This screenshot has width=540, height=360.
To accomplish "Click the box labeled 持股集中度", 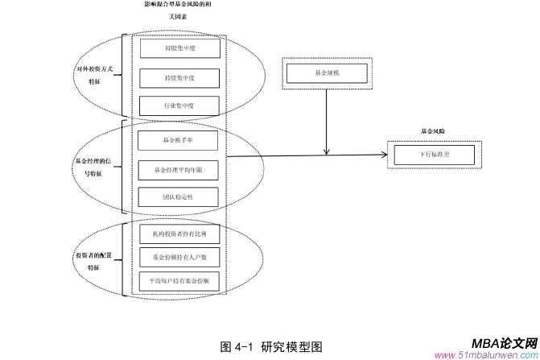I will [179, 48].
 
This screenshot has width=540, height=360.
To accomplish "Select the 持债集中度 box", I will [179, 78].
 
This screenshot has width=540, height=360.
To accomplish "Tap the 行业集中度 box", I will [179, 106].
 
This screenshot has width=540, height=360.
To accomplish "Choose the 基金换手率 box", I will [179, 139].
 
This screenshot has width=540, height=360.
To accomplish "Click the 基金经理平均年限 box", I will [179, 169].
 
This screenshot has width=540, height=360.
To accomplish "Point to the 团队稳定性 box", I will [179, 197].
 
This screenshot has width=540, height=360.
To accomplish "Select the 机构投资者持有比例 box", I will [179, 234].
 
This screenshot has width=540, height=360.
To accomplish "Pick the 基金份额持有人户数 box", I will [179, 257].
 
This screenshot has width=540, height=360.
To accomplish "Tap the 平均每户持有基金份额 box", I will [179, 280].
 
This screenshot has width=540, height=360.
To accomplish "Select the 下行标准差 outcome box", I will [434, 153].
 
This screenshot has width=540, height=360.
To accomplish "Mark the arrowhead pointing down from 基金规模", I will [325, 151].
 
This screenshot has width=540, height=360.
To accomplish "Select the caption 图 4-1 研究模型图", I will [271, 346].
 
